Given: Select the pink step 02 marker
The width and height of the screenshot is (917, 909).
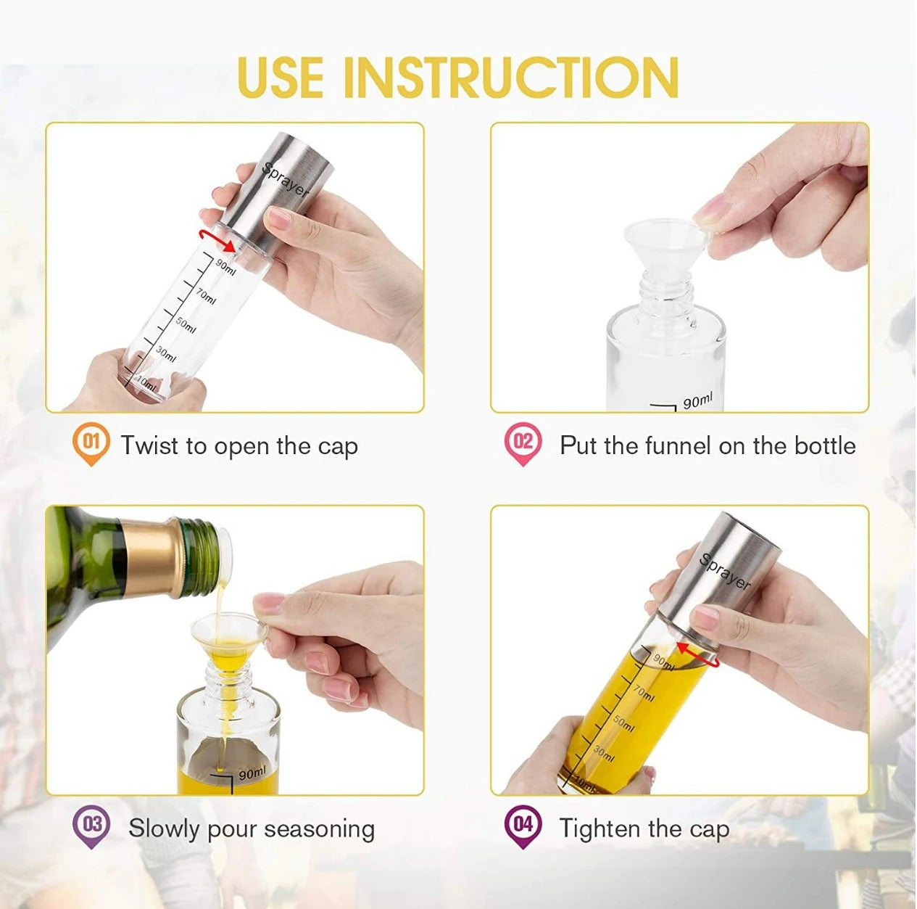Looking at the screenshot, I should coord(522,443).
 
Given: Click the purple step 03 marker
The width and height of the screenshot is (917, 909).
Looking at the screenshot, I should coord(91,826).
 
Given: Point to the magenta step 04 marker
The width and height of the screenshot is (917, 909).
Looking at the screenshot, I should coord(523,826).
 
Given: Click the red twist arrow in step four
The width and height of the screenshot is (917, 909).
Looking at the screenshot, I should coord(699,653).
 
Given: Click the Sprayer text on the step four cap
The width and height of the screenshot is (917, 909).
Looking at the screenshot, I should coord(725,572).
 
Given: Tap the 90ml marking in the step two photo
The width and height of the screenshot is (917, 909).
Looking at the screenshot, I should coord(697,400).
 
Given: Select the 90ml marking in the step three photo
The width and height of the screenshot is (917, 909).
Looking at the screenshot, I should coord(252,773).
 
